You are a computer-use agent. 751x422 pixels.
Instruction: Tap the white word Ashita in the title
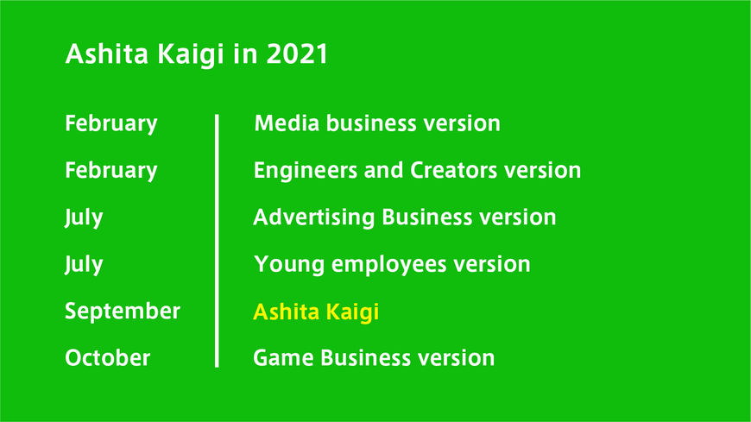(x=107, y=54)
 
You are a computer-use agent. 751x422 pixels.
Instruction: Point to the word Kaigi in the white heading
(x=191, y=54)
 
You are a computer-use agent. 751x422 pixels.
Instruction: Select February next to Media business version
(x=111, y=124)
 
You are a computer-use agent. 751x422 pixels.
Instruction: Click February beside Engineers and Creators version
(x=111, y=171)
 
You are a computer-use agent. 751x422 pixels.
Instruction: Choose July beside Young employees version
(x=84, y=265)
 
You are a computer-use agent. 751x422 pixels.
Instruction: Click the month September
(x=123, y=312)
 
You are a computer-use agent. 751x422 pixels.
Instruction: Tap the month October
(x=107, y=358)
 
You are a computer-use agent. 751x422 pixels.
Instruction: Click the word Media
(x=287, y=123)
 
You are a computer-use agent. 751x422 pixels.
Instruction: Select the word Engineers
(x=305, y=171)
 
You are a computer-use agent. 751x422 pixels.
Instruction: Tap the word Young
(x=289, y=265)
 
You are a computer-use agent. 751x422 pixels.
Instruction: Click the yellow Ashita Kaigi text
(x=316, y=312)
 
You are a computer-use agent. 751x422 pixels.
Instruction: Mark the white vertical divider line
(x=217, y=241)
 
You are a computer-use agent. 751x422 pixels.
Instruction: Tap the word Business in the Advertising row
(x=427, y=217)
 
